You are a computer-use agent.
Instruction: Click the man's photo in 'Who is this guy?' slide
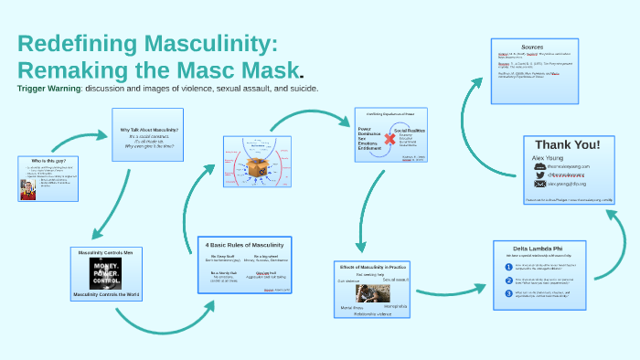point(27,189)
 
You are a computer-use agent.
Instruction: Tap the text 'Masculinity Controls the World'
point(106,295)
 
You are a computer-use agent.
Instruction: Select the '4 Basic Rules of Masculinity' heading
point(244,245)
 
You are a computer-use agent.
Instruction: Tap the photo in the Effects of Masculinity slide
point(372,293)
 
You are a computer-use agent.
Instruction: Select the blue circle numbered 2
point(508,281)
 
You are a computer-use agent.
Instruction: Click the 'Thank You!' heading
point(567,144)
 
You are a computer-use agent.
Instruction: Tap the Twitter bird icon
point(540,175)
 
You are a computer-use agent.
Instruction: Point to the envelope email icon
point(540,184)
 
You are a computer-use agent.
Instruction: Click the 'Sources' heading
point(532,47)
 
